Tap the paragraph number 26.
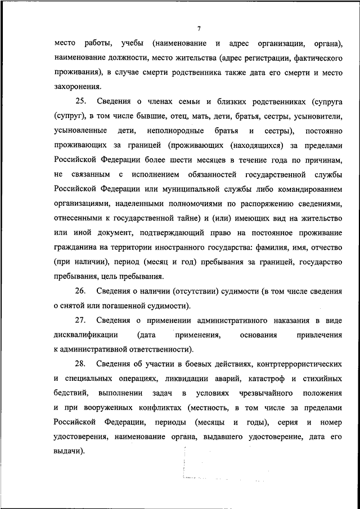coord(80,291)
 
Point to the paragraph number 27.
coord(80,321)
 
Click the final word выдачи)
coord(70,452)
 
